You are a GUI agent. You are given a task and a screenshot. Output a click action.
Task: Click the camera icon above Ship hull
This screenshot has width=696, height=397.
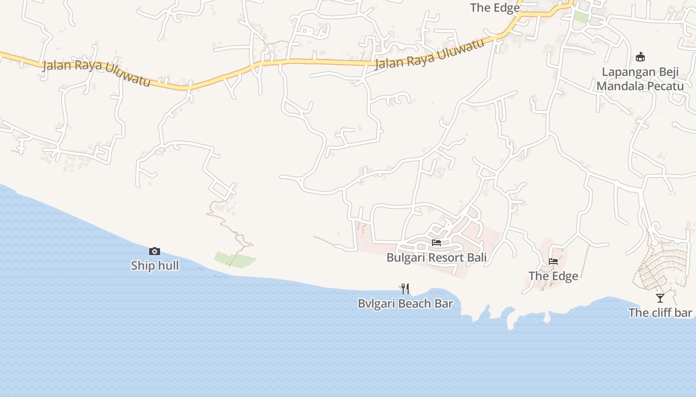coord(155,252)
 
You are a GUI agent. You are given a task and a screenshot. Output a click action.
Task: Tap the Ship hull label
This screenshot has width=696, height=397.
coord(155,265)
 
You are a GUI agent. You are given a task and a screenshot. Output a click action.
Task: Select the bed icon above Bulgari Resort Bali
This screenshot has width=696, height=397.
coord(436,243)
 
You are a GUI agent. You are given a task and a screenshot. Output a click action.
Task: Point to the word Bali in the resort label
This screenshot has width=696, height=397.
coord(476,258)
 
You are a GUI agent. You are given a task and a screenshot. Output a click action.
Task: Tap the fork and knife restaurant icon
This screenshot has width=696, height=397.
coord(405,288)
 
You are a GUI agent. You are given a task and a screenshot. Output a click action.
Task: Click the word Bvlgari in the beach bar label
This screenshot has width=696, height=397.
coord(375,303)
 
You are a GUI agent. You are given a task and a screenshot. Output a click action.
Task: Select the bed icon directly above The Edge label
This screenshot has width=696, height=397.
coord(553,262)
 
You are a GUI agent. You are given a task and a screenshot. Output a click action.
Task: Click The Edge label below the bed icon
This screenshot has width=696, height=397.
coord(553,276)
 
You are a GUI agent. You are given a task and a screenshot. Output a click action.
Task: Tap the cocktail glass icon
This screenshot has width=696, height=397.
coord(660,298)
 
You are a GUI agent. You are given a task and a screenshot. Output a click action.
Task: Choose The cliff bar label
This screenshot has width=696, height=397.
coord(660,313)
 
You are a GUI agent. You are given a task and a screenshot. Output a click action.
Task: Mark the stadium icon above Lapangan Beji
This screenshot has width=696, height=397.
coord(640,57)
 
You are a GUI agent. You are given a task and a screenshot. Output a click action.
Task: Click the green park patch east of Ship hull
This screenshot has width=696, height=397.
coord(236,260)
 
